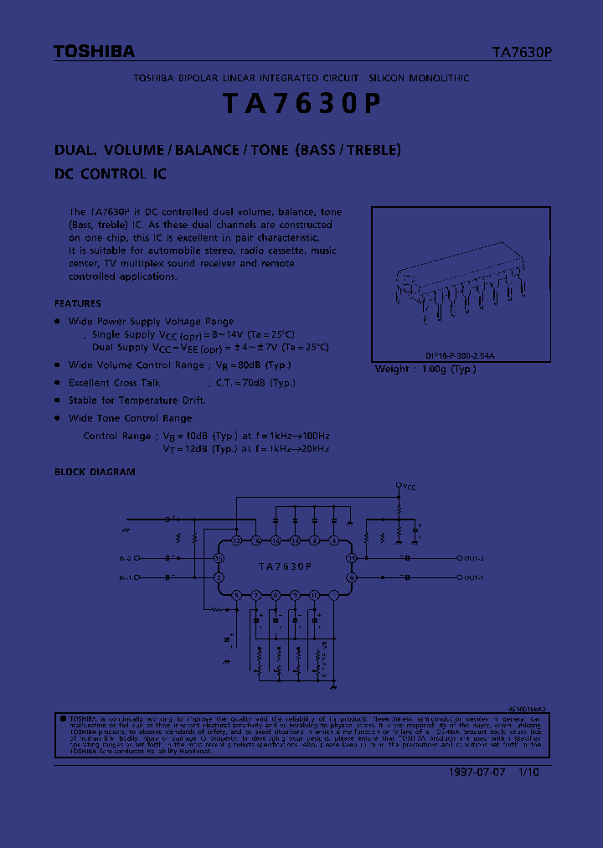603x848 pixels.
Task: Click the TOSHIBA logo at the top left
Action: point(94,52)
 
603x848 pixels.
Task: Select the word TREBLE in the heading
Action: point(373,151)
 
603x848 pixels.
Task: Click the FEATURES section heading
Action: point(78,303)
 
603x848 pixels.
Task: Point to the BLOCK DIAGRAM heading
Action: point(95,472)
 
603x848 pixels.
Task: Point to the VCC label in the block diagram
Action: point(410,486)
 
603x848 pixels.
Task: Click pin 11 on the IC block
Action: point(352,557)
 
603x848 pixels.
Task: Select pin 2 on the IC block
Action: point(219,577)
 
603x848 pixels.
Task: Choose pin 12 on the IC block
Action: point(237,540)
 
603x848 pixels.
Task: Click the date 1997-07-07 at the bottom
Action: point(471,773)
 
